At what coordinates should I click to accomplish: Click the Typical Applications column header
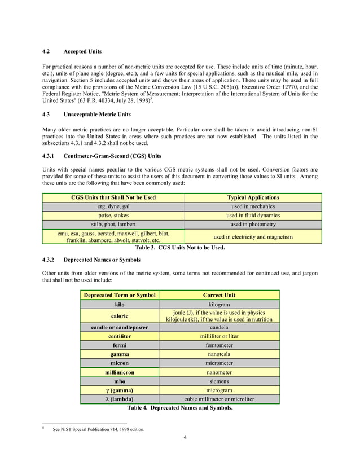click(252, 197)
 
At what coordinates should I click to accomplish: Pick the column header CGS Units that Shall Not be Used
click(113, 197)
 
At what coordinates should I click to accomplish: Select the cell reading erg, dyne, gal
click(113, 206)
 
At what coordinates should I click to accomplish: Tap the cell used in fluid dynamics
click(252, 216)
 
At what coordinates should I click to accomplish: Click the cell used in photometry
click(252, 225)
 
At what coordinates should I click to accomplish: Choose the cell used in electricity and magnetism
click(252, 237)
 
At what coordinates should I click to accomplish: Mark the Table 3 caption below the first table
click(180, 248)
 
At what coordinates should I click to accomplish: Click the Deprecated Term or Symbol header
click(120, 295)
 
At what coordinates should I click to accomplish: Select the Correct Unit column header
click(219, 295)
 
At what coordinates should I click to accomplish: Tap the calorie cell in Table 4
click(120, 316)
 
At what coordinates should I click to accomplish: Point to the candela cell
click(219, 327)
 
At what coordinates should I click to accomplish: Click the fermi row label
click(120, 345)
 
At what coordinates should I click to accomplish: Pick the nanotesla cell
click(219, 354)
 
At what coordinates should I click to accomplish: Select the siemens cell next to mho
click(219, 381)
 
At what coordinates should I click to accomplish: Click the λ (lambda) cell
click(120, 399)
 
